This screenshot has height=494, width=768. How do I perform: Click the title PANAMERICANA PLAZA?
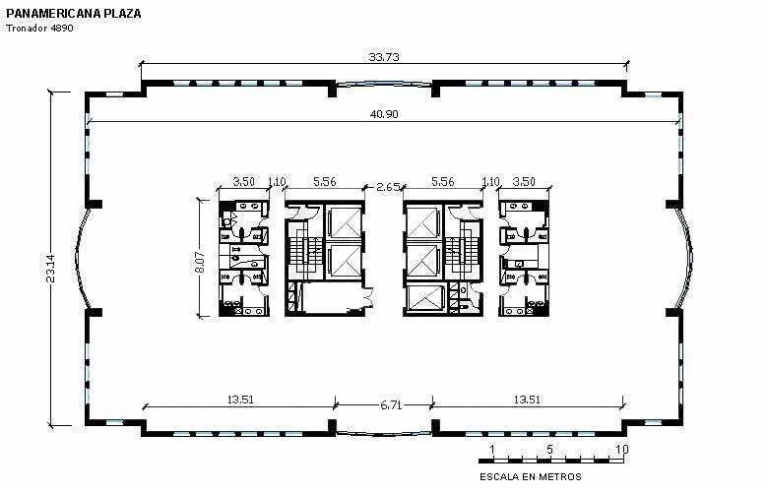[74, 13]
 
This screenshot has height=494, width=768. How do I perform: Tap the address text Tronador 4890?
[39, 28]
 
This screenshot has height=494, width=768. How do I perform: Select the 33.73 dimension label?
[384, 57]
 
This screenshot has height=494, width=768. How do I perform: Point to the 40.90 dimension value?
[384, 114]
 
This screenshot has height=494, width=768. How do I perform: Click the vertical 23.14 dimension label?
[50, 268]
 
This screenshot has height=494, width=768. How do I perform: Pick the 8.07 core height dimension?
[200, 262]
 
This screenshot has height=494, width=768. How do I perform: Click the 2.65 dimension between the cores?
[387, 187]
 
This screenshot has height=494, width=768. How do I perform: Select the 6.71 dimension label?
[391, 404]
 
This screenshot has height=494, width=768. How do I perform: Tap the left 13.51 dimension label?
[240, 400]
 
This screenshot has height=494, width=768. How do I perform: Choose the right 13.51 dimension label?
[527, 400]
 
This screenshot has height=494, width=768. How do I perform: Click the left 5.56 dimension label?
[325, 182]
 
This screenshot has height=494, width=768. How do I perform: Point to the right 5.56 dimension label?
[443, 182]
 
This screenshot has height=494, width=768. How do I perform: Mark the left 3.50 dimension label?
[243, 182]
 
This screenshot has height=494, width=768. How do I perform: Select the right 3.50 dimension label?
[524, 182]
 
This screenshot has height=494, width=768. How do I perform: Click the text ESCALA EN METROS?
[531, 477]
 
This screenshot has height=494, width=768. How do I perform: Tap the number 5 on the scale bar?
[550, 449]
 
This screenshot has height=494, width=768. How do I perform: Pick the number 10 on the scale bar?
[621, 449]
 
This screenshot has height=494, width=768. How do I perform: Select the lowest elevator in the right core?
[424, 298]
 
